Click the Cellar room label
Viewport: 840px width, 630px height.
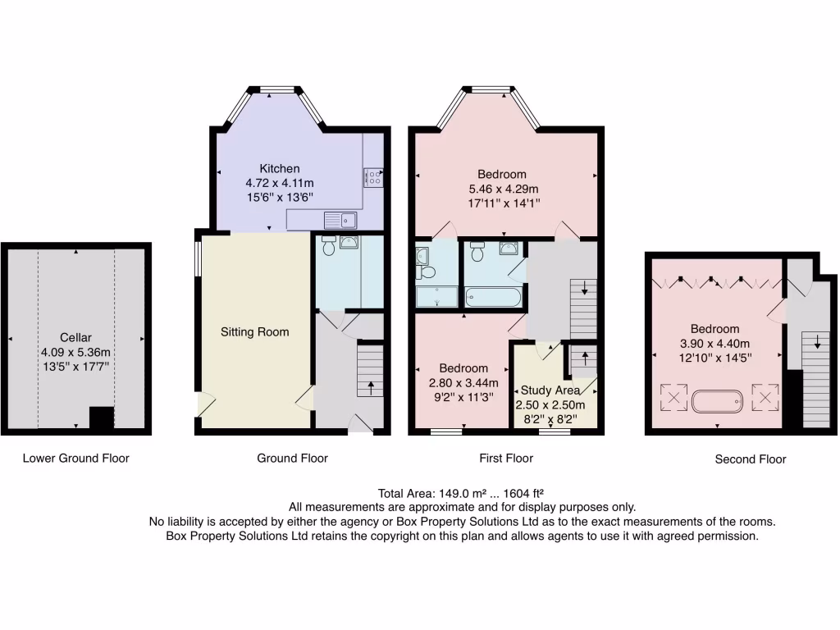[x=75, y=337]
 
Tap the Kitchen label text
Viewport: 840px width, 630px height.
[x=280, y=169]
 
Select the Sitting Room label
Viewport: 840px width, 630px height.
[x=255, y=332]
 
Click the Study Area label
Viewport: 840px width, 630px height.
[x=550, y=390]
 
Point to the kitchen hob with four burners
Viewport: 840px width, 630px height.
[x=373, y=177]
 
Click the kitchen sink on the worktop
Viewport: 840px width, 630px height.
[x=340, y=220]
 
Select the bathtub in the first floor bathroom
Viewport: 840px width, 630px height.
[x=493, y=297]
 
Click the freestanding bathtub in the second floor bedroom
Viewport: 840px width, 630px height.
[x=717, y=401]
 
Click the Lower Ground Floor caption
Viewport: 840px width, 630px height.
[x=76, y=459]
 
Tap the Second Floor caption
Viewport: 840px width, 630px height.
[x=751, y=459]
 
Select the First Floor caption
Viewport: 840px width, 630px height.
[x=506, y=459]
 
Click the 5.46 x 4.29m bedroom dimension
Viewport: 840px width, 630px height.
[x=504, y=189]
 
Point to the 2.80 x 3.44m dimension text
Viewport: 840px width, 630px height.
[x=463, y=383]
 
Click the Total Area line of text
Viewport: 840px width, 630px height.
[x=461, y=493]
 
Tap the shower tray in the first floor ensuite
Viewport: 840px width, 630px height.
[x=437, y=297]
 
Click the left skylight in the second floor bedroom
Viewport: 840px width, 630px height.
[x=673, y=398]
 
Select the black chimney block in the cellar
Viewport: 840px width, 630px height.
[x=101, y=418]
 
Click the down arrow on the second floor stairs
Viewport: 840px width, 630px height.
[x=818, y=342]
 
